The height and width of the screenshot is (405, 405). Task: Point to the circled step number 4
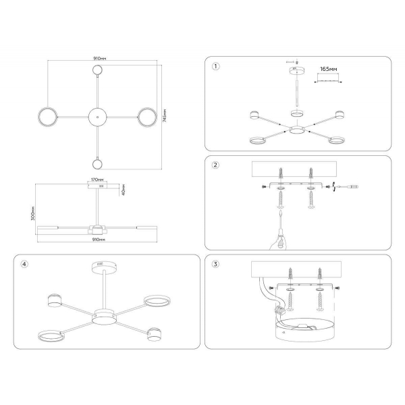25,265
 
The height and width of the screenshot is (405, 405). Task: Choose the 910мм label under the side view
99,239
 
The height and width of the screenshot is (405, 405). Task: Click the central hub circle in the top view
99,116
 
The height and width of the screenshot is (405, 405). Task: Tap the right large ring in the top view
147,116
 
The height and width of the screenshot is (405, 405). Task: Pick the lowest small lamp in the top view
99,163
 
